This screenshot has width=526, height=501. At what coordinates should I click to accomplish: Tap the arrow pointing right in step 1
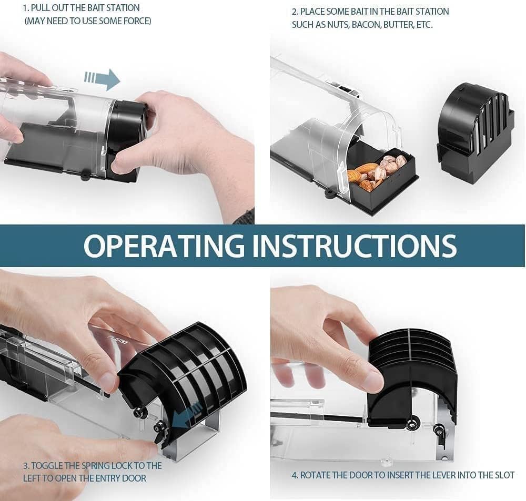click(x=102, y=79)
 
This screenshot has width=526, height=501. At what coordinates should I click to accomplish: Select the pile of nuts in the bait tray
click(x=376, y=170)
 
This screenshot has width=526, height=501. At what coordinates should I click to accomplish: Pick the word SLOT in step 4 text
click(x=505, y=475)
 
